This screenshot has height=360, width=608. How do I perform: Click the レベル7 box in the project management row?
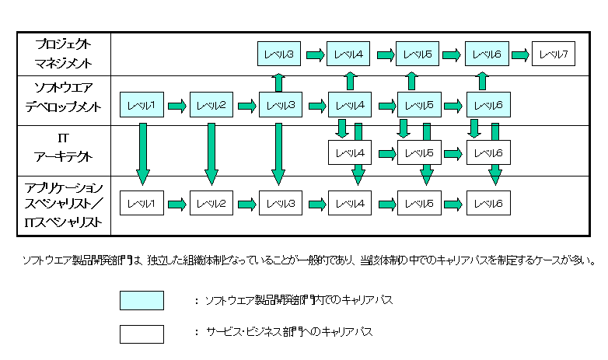coord(554,54)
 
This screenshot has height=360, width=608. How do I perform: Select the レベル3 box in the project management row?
coord(279,54)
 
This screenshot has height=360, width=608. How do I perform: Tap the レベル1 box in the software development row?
coord(142,104)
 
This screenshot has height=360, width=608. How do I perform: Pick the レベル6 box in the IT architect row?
coord(487,153)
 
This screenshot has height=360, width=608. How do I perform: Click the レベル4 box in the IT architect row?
coord(349,153)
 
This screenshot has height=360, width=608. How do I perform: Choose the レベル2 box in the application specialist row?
coord(211,204)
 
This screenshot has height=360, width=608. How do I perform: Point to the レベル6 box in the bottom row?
coord(487,204)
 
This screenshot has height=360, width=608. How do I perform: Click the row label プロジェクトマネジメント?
coord(64,54)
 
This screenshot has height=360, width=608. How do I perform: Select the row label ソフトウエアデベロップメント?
coord(64,103)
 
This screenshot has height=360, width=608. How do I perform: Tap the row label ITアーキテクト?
coord(64,146)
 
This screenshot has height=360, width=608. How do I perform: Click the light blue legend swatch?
coord(142,300)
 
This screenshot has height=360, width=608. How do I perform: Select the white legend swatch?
coord(142,334)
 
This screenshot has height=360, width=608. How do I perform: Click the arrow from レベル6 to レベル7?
coord(521,54)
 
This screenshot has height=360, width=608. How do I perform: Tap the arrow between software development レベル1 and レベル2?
coord(176,104)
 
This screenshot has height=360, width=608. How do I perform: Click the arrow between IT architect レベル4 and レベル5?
coord(384,153)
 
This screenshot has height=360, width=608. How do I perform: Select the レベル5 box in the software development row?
coord(418,104)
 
